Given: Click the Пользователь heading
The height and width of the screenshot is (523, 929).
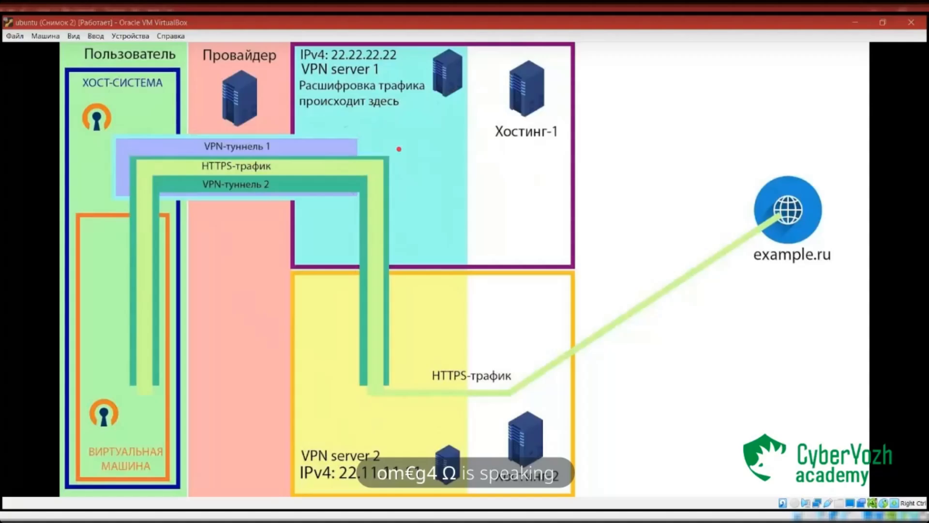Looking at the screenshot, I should (130, 54).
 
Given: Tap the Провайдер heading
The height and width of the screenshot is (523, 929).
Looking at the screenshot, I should (239, 55).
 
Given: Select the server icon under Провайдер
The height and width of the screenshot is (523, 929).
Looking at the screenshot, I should (240, 98).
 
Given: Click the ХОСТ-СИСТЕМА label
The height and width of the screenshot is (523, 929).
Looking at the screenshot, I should (122, 83).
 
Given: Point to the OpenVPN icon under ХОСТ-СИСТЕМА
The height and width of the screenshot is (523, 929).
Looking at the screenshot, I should (97, 118).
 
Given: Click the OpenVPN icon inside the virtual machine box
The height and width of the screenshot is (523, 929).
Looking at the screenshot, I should (104, 413).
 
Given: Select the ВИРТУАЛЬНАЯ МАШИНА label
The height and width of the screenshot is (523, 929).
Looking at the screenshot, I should (126, 459).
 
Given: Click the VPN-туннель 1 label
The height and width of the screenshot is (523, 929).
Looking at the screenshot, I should (237, 146).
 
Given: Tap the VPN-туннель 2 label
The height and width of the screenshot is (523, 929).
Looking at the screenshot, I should (236, 185).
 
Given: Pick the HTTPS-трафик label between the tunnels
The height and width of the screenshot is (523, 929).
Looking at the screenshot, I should (236, 166).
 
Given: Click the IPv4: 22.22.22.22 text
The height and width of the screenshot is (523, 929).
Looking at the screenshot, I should (348, 55).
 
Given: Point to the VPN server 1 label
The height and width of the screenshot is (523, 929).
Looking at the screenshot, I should (340, 69).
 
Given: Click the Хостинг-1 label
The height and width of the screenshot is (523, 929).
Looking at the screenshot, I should (526, 131).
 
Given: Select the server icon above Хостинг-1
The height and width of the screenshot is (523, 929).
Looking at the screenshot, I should (526, 88).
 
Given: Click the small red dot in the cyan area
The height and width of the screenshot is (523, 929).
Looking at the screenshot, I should (399, 149).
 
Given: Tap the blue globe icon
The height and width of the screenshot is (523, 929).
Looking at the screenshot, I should (788, 210).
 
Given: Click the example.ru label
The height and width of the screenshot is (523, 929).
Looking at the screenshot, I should (792, 254).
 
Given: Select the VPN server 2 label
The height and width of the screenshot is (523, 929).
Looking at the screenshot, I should (340, 456).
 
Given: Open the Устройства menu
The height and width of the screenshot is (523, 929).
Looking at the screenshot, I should (130, 36).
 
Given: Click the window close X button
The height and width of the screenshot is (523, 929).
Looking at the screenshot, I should (911, 22).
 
